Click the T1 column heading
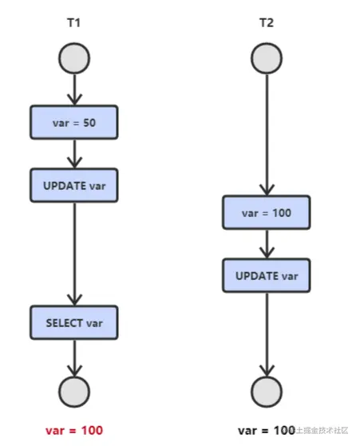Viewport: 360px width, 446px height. coord(73,23)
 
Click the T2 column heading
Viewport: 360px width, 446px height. coord(266,23)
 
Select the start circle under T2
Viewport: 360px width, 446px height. coord(266,57)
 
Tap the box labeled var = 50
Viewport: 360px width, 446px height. coord(74,121)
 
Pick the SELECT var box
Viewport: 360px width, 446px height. coord(74,322)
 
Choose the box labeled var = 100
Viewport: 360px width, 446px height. coord(266,213)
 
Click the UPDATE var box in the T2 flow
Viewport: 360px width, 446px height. coord(266,275)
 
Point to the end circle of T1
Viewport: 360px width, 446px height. coord(74,391)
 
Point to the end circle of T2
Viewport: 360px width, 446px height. coord(266,391)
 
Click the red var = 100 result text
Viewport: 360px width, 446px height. coord(74,430)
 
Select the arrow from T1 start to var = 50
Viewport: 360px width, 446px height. coord(74,89)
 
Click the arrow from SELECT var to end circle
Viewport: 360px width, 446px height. coord(74,357)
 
